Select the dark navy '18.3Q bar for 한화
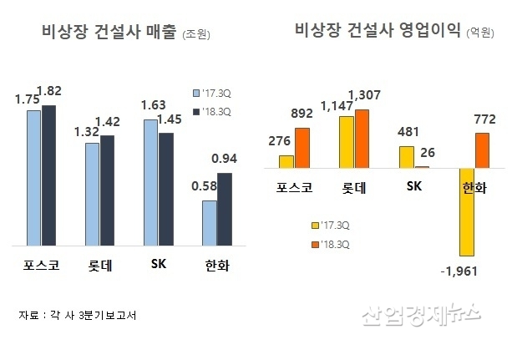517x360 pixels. [225, 209]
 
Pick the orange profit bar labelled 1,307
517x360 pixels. [361, 138]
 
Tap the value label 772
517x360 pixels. [483, 119]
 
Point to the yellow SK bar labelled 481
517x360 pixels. [407, 156]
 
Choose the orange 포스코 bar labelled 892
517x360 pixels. [302, 147]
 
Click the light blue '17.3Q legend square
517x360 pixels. [196, 93]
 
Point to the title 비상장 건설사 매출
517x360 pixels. [109, 33]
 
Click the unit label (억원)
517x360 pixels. [479, 33]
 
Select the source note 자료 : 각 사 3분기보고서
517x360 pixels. [77, 315]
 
